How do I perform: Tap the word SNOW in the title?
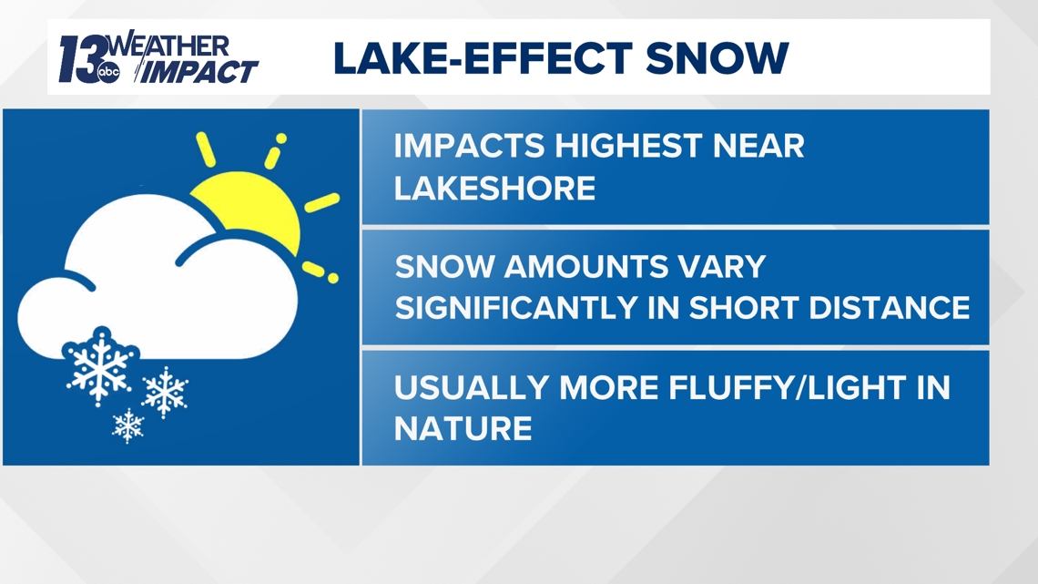717,57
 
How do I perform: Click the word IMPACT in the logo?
198,71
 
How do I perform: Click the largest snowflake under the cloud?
99,366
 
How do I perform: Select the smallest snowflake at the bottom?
128,424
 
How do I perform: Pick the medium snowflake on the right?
165,392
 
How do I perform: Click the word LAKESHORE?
494,189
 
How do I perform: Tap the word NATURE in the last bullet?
463,428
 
